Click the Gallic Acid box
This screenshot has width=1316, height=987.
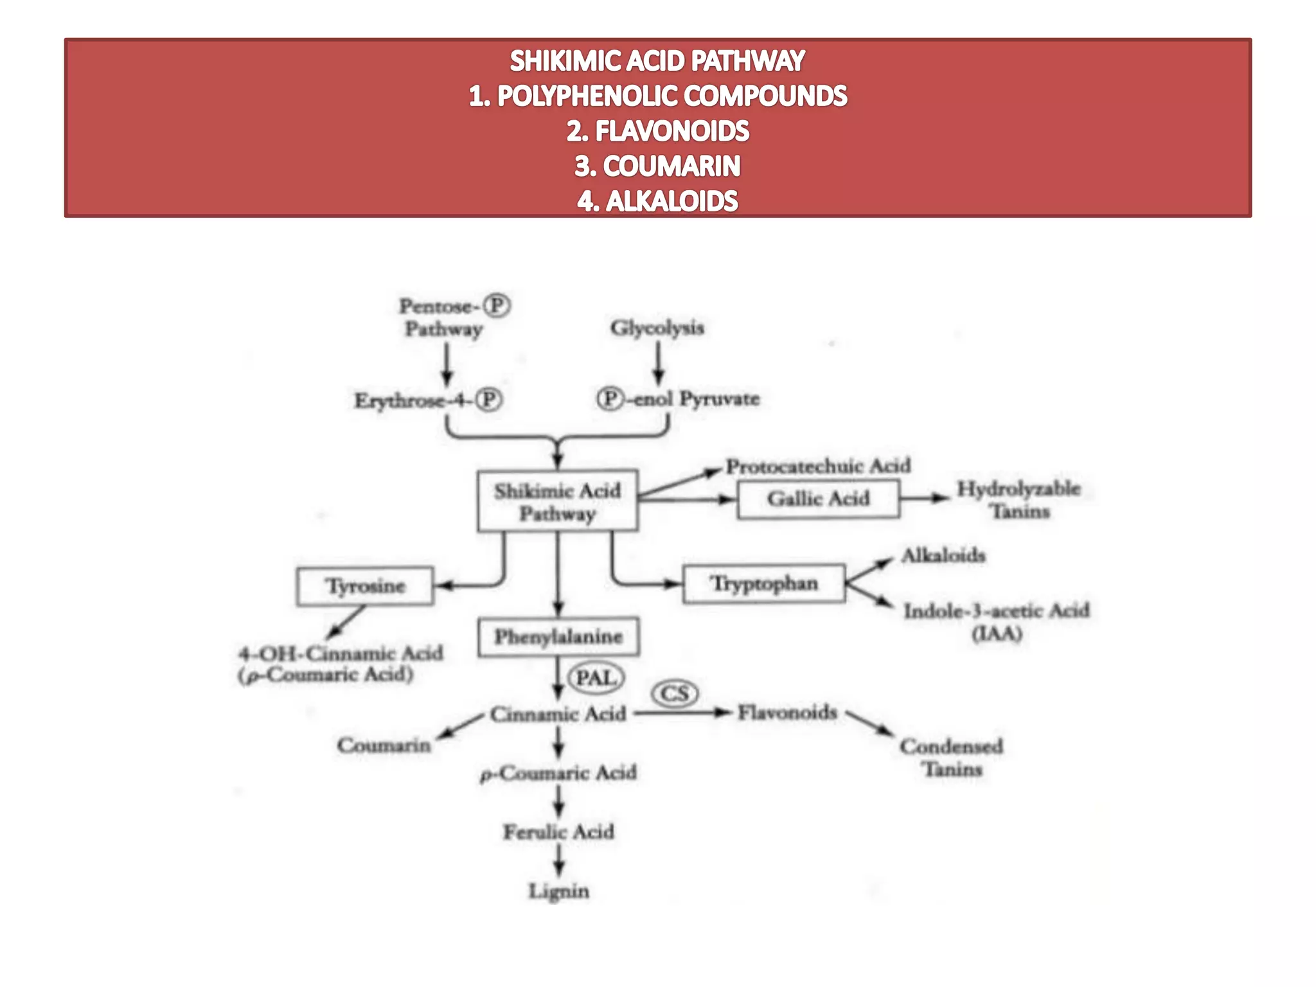pyautogui.click(x=818, y=499)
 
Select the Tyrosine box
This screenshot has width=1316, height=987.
pyautogui.click(x=365, y=586)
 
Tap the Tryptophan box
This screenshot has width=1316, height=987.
pyautogui.click(x=764, y=583)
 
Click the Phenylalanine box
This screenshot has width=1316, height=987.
pyautogui.click(x=558, y=637)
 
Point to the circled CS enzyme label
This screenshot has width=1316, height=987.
pyautogui.click(x=675, y=694)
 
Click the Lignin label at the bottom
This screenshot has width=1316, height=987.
pyautogui.click(x=558, y=891)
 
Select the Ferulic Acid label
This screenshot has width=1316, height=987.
pyautogui.click(x=558, y=832)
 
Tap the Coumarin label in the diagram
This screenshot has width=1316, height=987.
pyautogui.click(x=384, y=745)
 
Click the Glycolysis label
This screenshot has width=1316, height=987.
pyautogui.click(x=657, y=328)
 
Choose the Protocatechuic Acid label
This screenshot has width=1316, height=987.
pyautogui.click(x=818, y=466)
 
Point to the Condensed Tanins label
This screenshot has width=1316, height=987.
pyautogui.click(x=952, y=758)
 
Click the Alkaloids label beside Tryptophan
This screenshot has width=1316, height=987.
pyautogui.click(x=943, y=555)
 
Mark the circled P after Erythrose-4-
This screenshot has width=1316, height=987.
pyautogui.click(x=489, y=400)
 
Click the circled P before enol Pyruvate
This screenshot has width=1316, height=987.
pyautogui.click(x=610, y=398)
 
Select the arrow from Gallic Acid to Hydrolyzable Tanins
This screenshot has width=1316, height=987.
pyautogui.click(x=924, y=498)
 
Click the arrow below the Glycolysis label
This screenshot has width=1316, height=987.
pyautogui.click(x=658, y=363)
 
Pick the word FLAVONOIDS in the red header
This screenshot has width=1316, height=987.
pyautogui.click(x=672, y=131)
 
